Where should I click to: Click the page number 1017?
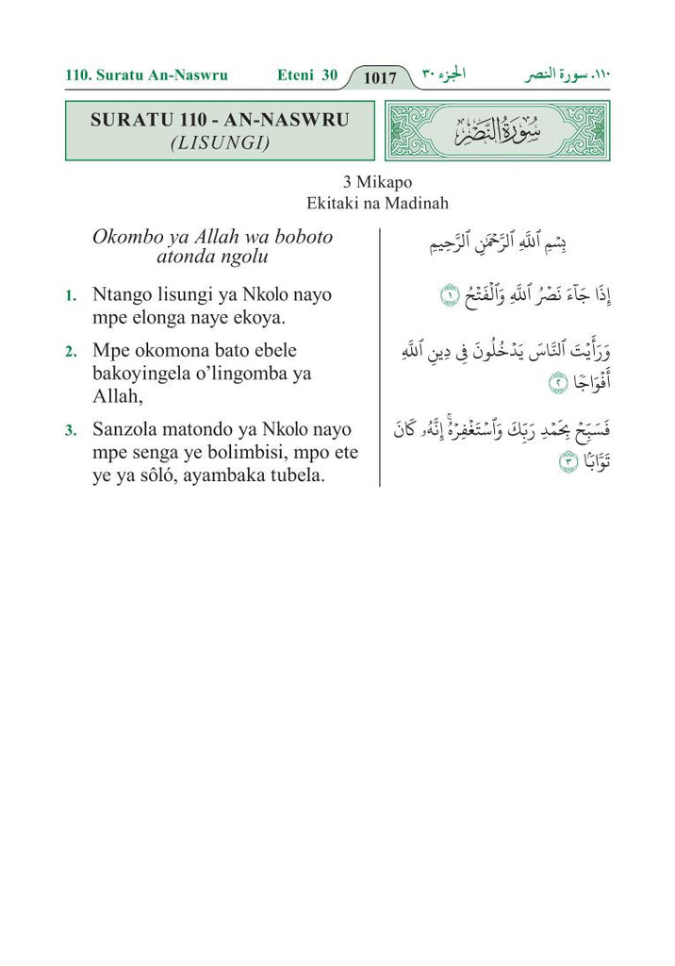[x=380, y=77]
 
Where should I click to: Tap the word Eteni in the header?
[x=296, y=75]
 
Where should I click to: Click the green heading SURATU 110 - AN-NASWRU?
[x=220, y=121]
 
